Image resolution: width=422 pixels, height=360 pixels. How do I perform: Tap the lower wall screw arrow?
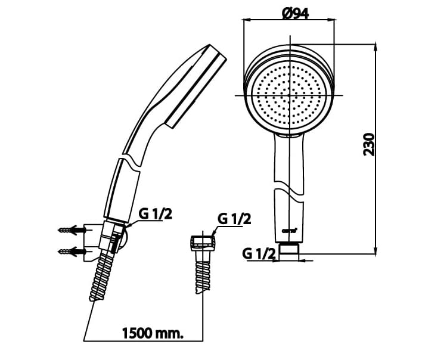coord(69,250)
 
